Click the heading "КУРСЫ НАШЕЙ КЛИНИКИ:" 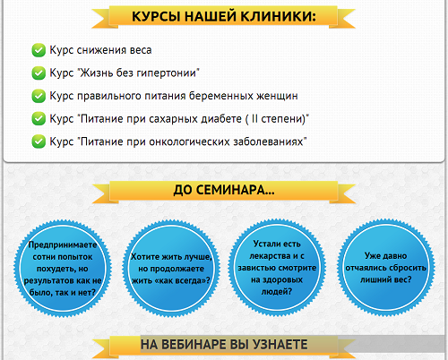(224, 16)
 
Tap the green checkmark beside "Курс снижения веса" (39, 50)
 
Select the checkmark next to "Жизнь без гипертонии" (39, 73)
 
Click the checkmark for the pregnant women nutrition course (39, 96)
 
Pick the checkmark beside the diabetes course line (39, 119)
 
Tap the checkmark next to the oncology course (39, 141)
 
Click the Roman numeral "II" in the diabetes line (254, 118)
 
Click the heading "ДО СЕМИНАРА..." (224, 190)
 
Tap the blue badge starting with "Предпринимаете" (63, 268)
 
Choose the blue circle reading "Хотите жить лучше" (171, 268)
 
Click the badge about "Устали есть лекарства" (277, 267)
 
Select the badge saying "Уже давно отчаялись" (385, 267)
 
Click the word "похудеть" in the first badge (51, 269)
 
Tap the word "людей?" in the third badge (277, 291)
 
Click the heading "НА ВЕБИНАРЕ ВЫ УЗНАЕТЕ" (224, 345)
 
